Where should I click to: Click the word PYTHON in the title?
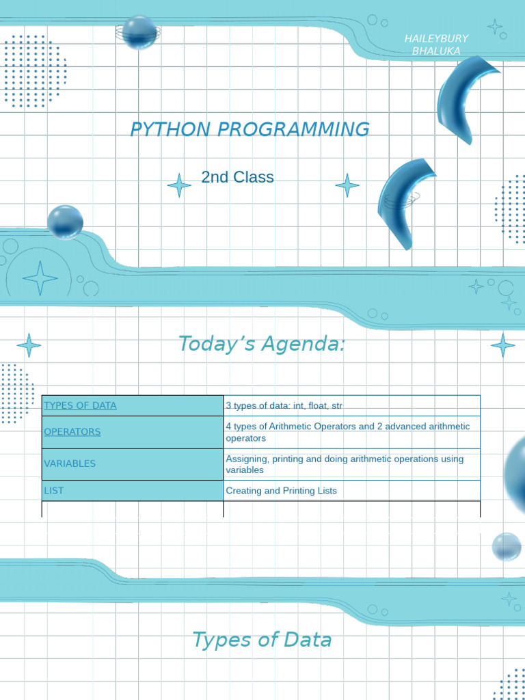170,129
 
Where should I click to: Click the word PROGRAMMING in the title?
293,129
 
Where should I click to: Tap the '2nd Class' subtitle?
237,177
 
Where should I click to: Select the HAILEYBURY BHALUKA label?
436,45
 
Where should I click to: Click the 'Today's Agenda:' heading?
262,344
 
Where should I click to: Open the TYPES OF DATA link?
81,405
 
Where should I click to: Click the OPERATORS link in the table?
72,432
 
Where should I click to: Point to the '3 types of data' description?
284,405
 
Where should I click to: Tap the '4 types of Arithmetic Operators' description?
348,432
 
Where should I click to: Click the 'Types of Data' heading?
262,639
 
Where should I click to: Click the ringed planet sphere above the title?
139,33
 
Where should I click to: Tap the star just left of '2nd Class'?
180,185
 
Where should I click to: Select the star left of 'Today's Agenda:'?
29,345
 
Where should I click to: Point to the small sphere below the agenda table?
507,547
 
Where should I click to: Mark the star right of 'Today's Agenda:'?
502,345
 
